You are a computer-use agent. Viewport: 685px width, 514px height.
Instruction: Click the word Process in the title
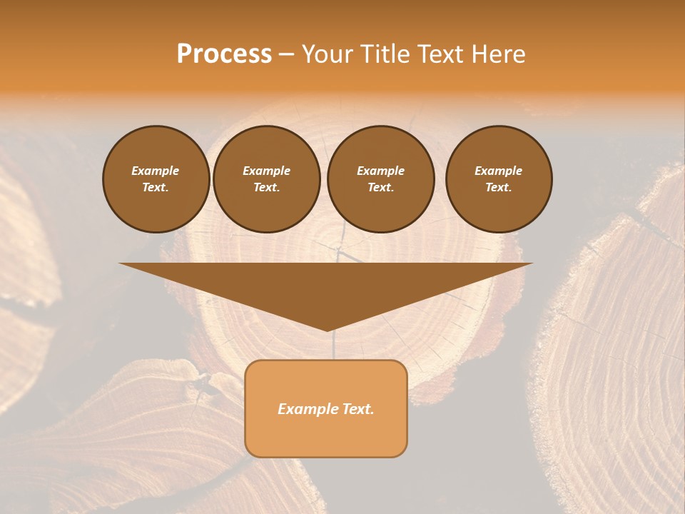(224, 54)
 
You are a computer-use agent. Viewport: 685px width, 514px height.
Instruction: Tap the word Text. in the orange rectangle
(356, 409)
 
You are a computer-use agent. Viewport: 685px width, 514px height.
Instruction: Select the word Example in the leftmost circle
(156, 171)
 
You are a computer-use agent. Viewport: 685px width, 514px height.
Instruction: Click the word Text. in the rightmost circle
(499, 187)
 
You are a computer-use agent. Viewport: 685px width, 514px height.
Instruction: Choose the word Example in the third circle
(380, 171)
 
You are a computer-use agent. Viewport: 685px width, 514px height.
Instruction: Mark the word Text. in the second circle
(267, 187)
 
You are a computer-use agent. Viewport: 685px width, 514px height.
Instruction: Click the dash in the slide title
(286, 54)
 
